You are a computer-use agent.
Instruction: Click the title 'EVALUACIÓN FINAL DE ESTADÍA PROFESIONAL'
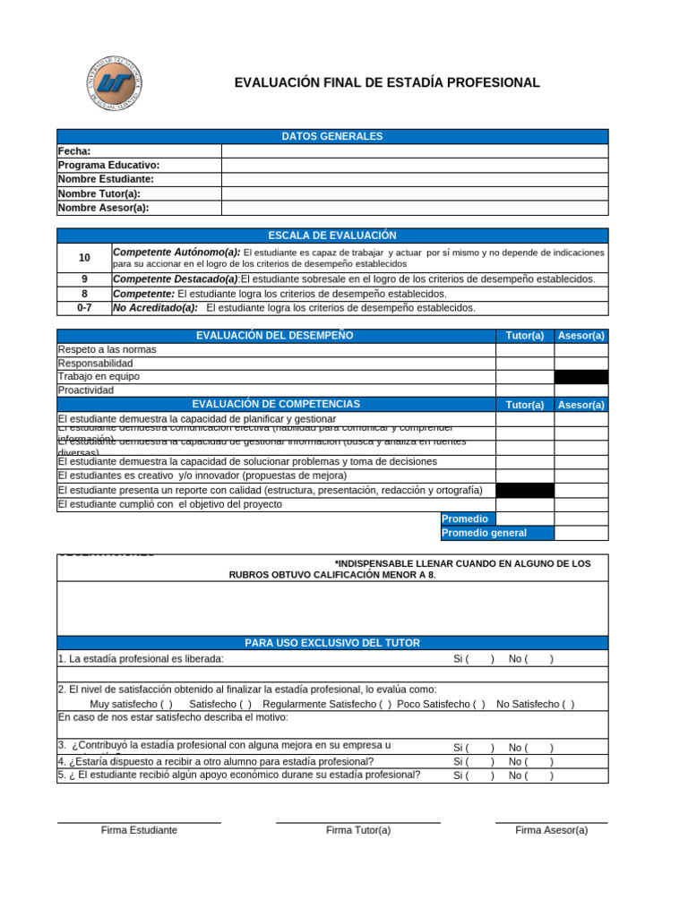(x=387, y=83)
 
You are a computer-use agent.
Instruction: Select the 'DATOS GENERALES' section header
(x=332, y=136)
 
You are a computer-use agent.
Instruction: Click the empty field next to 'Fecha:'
(x=415, y=151)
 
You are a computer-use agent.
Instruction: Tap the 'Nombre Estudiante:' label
(x=106, y=179)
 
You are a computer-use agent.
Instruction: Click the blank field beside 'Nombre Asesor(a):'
(x=415, y=208)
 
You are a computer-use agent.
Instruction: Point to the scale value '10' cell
(x=84, y=257)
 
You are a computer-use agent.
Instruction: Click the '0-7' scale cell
(x=84, y=307)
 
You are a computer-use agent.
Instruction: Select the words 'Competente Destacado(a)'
(x=176, y=279)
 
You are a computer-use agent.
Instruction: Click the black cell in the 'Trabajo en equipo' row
(x=580, y=377)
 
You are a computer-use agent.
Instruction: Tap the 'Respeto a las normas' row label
(x=107, y=349)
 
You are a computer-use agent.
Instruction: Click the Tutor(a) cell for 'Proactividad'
(x=525, y=390)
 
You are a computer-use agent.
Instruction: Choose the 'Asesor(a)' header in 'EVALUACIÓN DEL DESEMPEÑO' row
(x=580, y=336)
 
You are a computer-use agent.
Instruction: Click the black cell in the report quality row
(x=525, y=490)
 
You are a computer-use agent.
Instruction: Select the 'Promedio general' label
(x=485, y=533)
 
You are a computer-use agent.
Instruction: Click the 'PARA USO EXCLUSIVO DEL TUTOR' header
(x=332, y=643)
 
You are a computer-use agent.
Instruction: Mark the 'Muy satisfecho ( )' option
(x=132, y=704)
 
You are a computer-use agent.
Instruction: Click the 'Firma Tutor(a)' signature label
(x=358, y=830)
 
